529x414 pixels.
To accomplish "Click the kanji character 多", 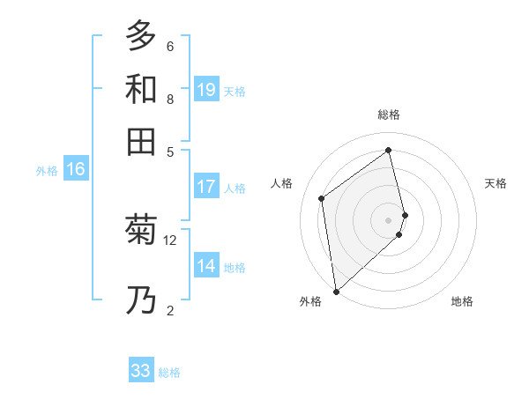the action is tap(141, 37).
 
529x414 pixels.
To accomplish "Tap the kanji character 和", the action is tap(141, 90).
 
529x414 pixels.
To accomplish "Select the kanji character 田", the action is tap(141, 142).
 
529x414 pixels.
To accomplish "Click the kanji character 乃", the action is tap(141, 301).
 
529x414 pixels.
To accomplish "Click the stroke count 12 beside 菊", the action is tap(170, 240).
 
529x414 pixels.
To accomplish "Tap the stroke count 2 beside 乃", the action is tap(170, 309).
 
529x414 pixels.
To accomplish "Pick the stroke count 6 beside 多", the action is tap(170, 46).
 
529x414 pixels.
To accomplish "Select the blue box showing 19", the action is tap(206, 89).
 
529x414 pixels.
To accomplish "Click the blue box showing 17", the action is tap(206, 187).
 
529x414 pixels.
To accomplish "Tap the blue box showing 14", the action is tap(206, 266).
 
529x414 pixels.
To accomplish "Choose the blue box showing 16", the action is tap(76, 169).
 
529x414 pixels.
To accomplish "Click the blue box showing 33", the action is tap(141, 371).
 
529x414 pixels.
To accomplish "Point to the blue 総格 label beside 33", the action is tap(169, 373).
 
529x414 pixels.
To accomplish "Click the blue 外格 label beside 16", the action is tap(47, 171).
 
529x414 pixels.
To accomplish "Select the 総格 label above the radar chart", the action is tap(389, 115).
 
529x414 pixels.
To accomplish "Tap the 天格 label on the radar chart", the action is tap(496, 183).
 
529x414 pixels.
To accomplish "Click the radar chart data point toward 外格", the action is tap(336, 291).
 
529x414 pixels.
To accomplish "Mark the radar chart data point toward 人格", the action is tap(322, 198).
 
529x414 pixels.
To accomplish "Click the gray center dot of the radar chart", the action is tap(389, 218).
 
